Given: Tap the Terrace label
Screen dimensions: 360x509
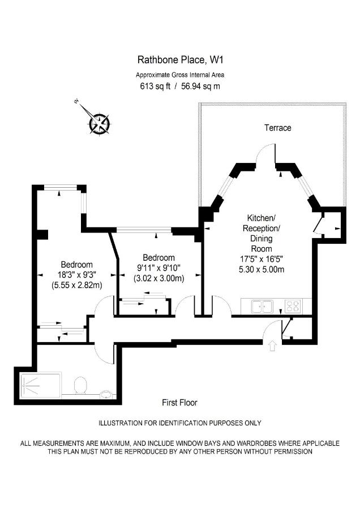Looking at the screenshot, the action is (x=277, y=128).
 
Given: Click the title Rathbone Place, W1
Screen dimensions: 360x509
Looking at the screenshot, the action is (x=181, y=60).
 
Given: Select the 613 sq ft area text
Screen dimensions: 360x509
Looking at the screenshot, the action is (x=155, y=86).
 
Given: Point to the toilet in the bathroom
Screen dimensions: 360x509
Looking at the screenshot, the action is (x=80, y=385).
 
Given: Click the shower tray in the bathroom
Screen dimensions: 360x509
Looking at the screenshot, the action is (x=41, y=385).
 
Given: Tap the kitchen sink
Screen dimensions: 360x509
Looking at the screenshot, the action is (x=262, y=307).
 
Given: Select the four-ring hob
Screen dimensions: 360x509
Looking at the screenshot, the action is (x=293, y=307).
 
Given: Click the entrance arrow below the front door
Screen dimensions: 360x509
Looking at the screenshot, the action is (x=272, y=346).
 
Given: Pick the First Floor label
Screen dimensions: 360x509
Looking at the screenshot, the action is (x=179, y=403).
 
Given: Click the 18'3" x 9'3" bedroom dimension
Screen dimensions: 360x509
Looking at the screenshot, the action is (x=76, y=275).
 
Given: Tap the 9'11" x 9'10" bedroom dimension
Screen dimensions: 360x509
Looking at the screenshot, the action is (x=159, y=268).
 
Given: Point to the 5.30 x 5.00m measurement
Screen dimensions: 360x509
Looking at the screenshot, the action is (x=262, y=269).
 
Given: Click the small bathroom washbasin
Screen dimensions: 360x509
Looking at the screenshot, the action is (x=107, y=395).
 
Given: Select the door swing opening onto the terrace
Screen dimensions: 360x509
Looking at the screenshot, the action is (x=265, y=153).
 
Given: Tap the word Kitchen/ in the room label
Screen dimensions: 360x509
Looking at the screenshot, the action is (x=262, y=217).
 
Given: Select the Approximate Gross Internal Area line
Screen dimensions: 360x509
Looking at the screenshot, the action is (x=180, y=75).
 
